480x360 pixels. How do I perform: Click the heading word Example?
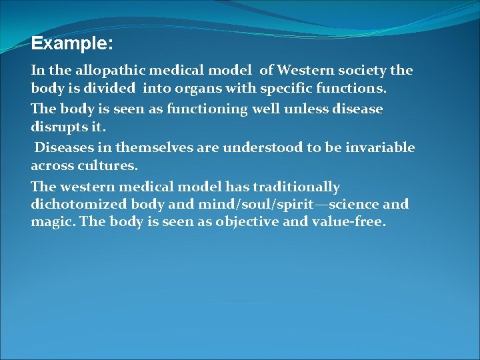click(72, 44)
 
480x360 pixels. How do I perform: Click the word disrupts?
click(61, 126)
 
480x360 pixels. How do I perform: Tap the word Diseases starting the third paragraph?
click(66, 147)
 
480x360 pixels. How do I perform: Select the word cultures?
click(108, 165)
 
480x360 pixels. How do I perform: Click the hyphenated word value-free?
click(348, 222)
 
